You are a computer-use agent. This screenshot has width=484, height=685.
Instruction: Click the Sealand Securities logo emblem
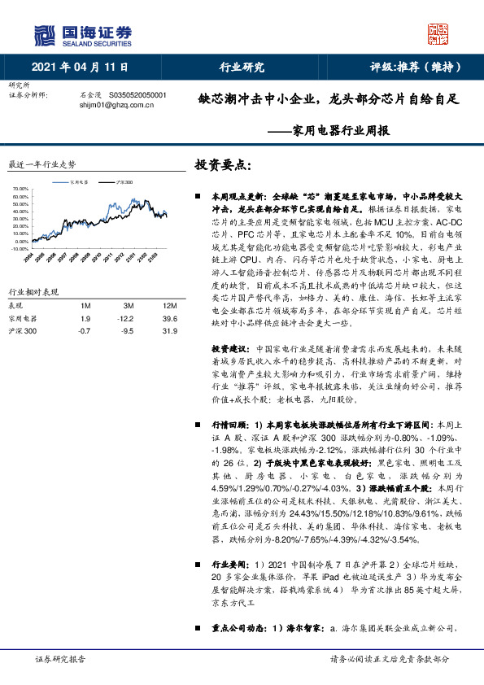[46, 34]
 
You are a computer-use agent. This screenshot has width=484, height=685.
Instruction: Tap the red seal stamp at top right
[438, 33]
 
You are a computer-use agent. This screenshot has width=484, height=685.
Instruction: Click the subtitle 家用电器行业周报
[340, 130]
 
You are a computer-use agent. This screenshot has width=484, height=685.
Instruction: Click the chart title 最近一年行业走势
[41, 164]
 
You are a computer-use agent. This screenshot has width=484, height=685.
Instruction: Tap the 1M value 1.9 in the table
[85, 319]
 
